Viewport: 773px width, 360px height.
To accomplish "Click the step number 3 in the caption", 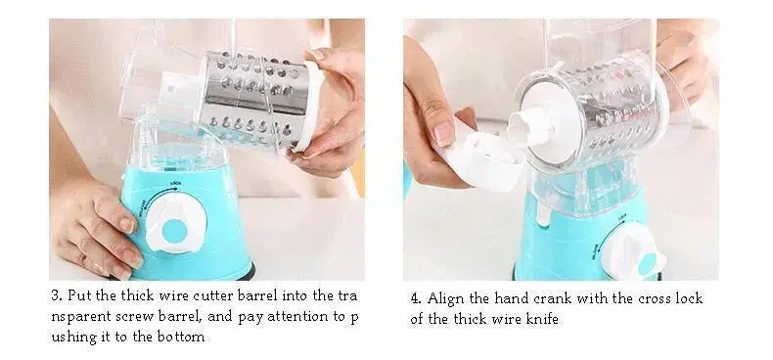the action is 56,295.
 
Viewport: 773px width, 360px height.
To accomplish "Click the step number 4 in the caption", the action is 416,298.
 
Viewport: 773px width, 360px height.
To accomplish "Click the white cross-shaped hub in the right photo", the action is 531,127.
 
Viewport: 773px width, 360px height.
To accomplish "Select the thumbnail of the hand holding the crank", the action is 443,132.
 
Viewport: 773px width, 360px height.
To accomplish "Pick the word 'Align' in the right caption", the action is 443,298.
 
